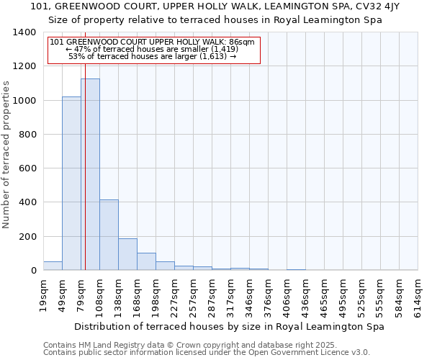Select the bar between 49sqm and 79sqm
[x=71, y=184]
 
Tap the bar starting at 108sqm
[x=109, y=235]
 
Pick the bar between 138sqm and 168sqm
[x=127, y=254]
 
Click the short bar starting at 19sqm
[x=53, y=266]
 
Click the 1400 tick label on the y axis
[x=24, y=32]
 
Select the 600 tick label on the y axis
[x=27, y=168]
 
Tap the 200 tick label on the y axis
[x=27, y=236]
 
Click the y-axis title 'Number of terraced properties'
[x=6, y=154]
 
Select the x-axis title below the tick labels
[x=229, y=326]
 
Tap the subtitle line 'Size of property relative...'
[x=215, y=20]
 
